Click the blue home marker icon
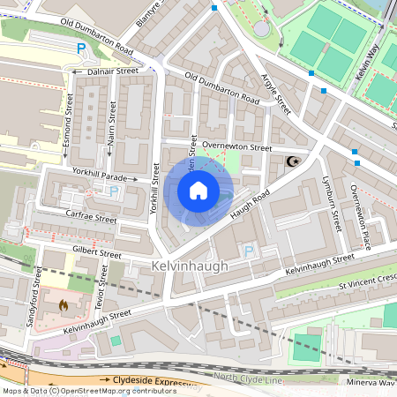point(198,190)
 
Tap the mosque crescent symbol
point(292,161)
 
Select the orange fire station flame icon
point(64,304)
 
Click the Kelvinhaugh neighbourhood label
point(189,266)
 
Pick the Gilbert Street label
point(98,253)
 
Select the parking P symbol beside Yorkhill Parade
point(113,191)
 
